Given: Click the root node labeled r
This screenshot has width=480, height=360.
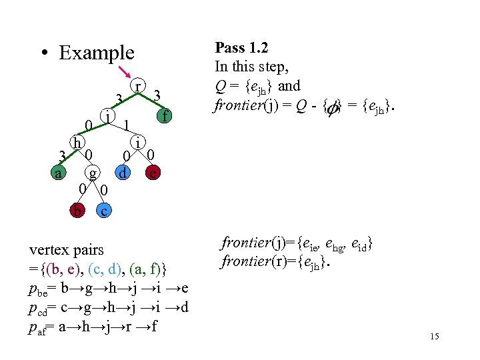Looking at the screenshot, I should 137,87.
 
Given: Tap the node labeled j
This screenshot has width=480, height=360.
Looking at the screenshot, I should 107,116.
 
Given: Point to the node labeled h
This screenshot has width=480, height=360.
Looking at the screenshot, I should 77,142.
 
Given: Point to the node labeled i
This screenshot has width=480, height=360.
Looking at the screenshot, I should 137,142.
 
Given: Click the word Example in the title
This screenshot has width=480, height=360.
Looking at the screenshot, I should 96,53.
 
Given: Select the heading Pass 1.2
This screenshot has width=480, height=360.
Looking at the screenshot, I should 241,48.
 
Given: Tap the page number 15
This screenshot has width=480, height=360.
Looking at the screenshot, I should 435,337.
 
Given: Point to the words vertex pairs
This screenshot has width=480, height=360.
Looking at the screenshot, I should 67,250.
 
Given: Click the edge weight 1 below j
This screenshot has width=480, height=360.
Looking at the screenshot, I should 125,125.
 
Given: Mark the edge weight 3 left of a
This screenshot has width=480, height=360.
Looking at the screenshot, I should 61,157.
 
